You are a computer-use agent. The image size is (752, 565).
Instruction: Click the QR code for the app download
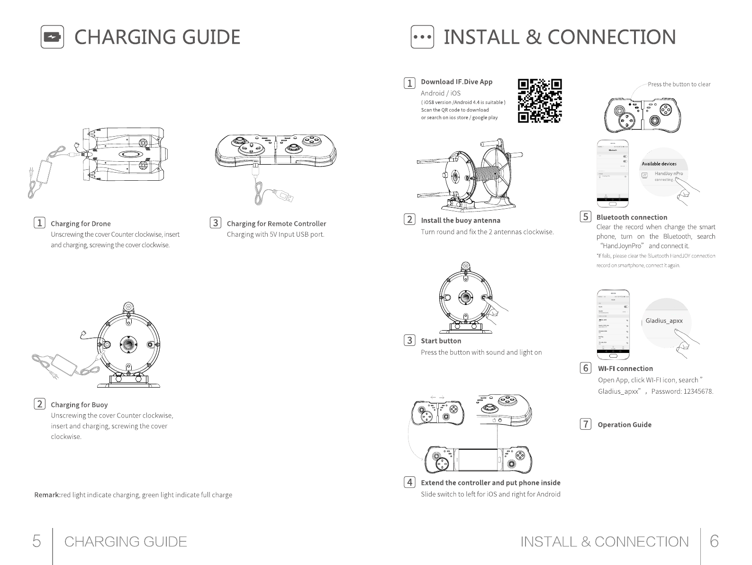(x=540, y=101)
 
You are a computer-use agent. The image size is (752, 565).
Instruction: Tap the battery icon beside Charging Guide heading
(x=52, y=37)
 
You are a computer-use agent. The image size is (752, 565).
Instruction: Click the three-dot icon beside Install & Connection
(x=421, y=37)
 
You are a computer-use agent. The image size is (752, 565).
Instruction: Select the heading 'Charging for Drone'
(x=81, y=223)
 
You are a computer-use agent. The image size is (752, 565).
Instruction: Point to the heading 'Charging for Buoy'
(x=79, y=405)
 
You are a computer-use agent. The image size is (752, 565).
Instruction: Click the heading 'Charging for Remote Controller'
(x=276, y=223)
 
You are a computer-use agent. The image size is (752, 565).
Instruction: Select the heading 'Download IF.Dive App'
(x=456, y=82)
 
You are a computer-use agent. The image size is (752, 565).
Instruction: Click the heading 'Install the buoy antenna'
(x=460, y=220)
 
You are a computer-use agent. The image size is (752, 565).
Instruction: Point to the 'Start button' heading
(x=441, y=341)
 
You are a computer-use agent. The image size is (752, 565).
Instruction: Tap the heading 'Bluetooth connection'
(x=632, y=217)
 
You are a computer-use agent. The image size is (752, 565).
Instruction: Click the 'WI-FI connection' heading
(x=625, y=368)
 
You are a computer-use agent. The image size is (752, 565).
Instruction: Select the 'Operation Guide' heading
(x=624, y=425)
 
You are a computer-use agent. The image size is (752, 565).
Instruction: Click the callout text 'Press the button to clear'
(x=679, y=84)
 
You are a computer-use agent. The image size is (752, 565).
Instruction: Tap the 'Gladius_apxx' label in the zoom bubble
(x=664, y=321)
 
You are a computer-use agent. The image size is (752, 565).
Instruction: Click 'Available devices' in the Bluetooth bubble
(x=659, y=164)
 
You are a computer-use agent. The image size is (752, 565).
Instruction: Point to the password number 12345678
(x=698, y=391)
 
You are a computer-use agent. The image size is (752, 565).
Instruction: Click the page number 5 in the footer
(x=36, y=541)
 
